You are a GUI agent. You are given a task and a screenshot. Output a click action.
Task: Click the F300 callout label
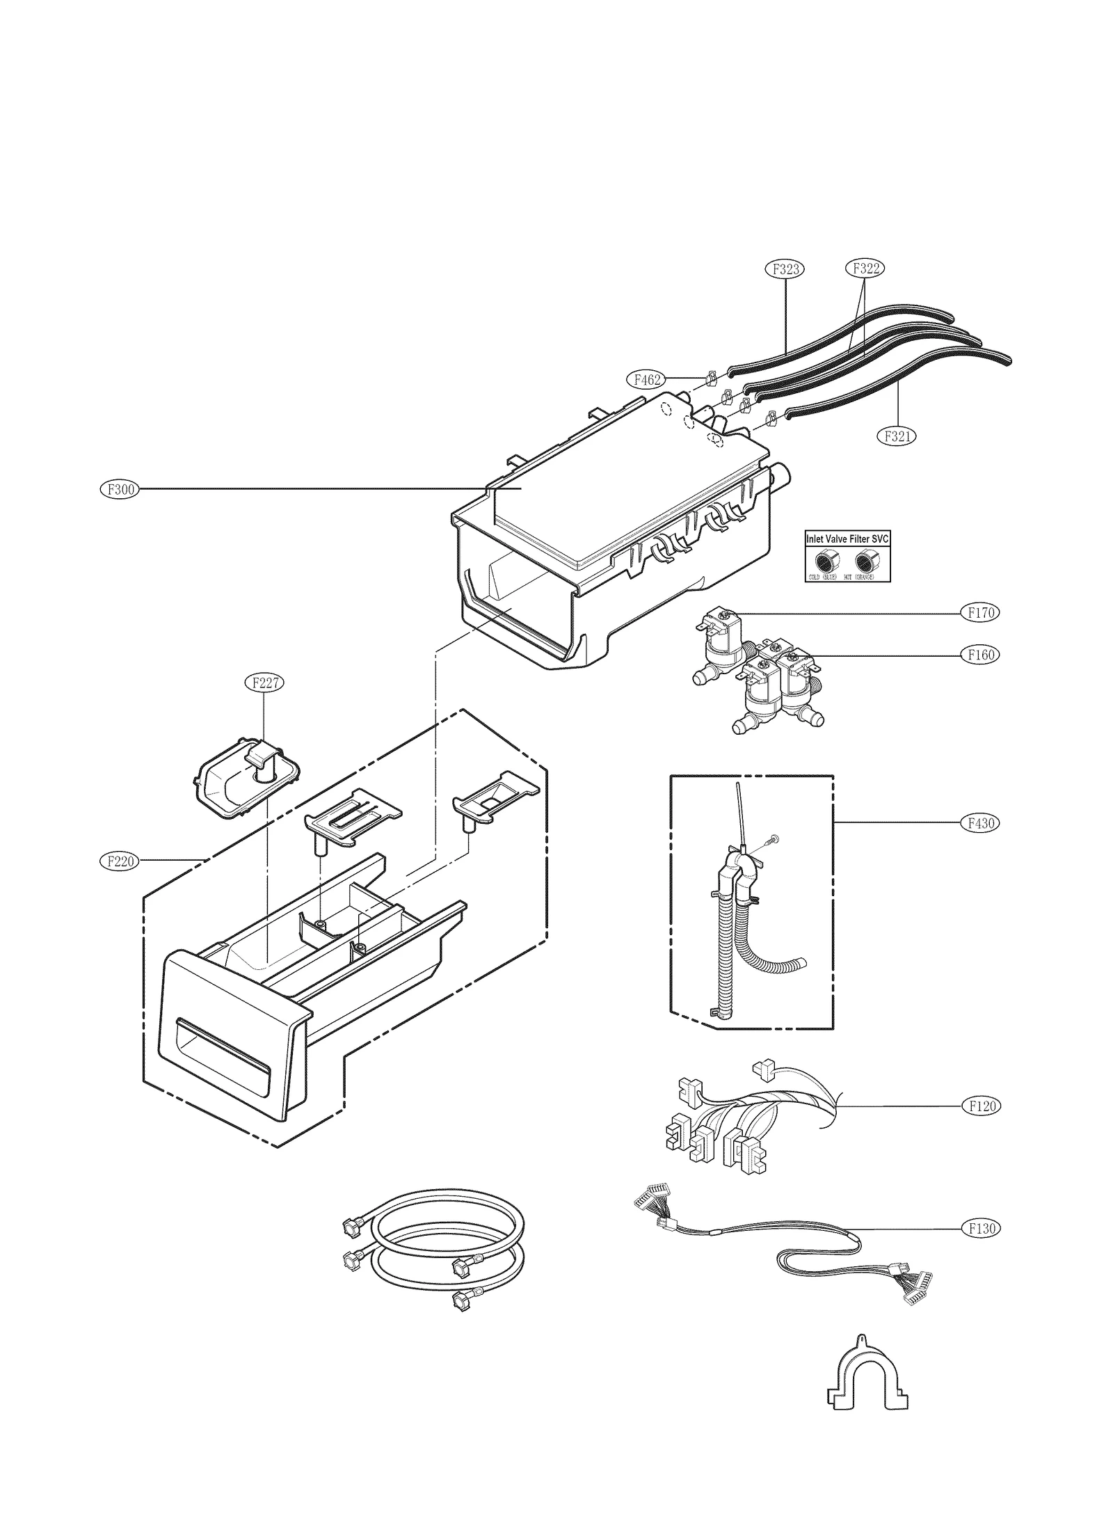pos(120,490)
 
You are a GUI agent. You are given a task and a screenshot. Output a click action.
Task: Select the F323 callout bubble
pos(785,269)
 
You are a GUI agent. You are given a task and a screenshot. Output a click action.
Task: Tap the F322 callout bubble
pos(865,269)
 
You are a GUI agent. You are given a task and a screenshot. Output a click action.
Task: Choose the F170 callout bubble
pos(981,613)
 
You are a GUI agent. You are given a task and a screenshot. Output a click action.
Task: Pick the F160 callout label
pos(981,655)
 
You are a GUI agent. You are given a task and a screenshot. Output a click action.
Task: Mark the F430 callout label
pos(981,823)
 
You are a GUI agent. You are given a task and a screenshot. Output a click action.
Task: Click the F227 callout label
pos(265,683)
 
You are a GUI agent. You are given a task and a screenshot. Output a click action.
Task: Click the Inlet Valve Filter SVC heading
pos(847,539)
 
